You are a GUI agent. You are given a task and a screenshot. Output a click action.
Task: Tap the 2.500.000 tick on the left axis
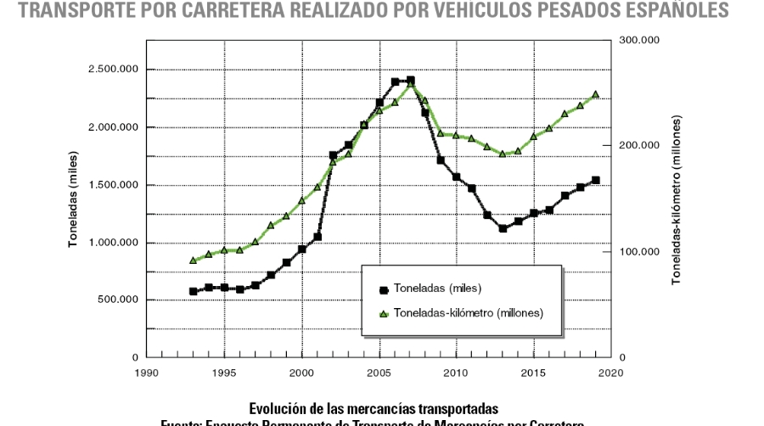114,70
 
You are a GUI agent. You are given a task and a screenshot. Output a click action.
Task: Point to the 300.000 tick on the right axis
639,40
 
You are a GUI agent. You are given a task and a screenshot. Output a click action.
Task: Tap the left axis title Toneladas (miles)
74,198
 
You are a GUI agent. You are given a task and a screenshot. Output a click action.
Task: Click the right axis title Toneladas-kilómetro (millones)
677,200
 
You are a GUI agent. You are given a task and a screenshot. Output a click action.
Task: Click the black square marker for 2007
411,81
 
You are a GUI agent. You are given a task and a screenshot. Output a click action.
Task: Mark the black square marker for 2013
503,228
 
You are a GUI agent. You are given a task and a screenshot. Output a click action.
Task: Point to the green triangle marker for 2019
596,94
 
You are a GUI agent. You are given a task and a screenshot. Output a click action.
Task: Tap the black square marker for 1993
194,291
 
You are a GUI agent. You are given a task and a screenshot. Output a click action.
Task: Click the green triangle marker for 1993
194,260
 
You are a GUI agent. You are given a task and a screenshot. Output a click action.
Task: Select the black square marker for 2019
596,180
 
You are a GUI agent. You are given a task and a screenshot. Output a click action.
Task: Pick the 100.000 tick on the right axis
639,252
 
